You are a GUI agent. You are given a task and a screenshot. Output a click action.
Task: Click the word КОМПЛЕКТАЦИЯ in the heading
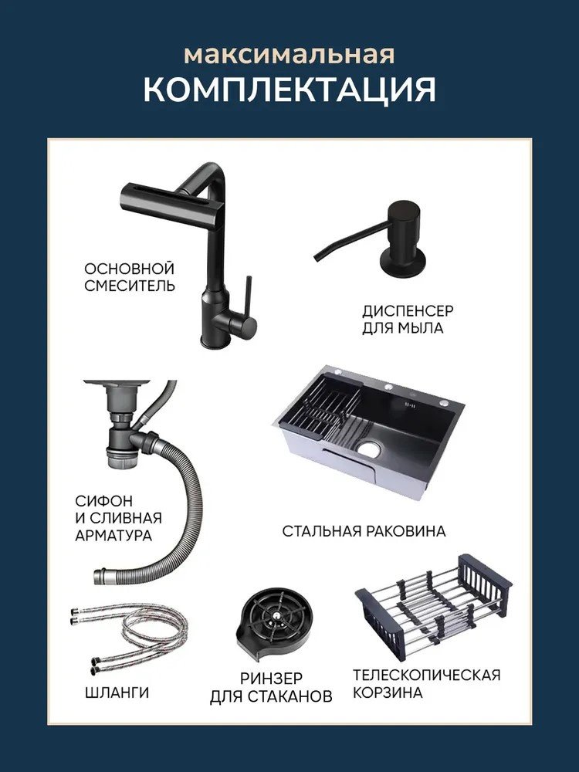[x=289, y=89]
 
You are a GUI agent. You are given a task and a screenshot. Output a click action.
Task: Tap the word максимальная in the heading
[x=289, y=55]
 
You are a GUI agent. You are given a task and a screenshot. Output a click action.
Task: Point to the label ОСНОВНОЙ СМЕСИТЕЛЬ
[x=130, y=277]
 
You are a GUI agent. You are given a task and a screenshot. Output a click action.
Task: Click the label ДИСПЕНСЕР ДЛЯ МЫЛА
[x=408, y=320]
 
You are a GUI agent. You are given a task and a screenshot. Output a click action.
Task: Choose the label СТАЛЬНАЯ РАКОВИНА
[x=364, y=531]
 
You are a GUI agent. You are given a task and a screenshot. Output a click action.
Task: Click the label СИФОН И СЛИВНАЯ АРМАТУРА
[x=118, y=518]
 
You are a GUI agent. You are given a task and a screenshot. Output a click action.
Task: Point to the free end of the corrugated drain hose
[x=99, y=576]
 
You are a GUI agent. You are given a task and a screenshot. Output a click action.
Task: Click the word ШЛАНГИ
[x=117, y=692]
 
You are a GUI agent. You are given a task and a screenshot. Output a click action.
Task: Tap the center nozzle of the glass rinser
[x=279, y=615]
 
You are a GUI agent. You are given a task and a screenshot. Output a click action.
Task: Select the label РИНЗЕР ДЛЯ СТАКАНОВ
[x=271, y=687]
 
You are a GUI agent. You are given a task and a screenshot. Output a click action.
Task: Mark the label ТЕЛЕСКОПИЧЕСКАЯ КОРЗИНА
[x=426, y=684]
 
